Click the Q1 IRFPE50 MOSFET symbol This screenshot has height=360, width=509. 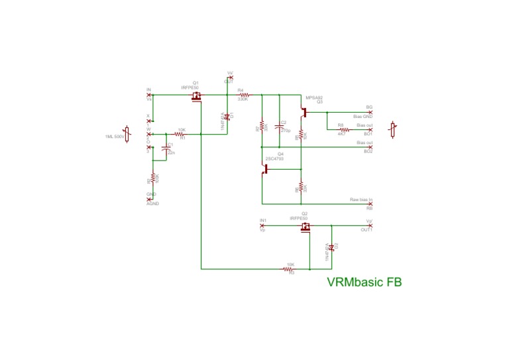click(196, 98)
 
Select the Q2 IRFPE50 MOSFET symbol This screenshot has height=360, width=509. click(306, 228)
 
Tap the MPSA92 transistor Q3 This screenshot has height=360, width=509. click(304, 111)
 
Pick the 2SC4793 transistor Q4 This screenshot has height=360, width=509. click(266, 169)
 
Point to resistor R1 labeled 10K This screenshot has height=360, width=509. click(180, 135)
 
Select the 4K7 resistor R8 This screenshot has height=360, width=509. click(343, 129)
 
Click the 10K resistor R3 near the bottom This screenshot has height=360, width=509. click(290, 269)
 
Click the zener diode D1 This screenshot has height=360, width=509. click(227, 117)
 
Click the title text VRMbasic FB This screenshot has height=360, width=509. click(364, 281)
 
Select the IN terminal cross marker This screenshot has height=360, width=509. click(148, 95)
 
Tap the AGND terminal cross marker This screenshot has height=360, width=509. click(148, 199)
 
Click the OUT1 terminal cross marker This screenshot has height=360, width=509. click(370, 225)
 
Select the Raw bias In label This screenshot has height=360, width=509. click(361, 199)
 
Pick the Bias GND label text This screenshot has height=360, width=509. click(363, 117)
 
